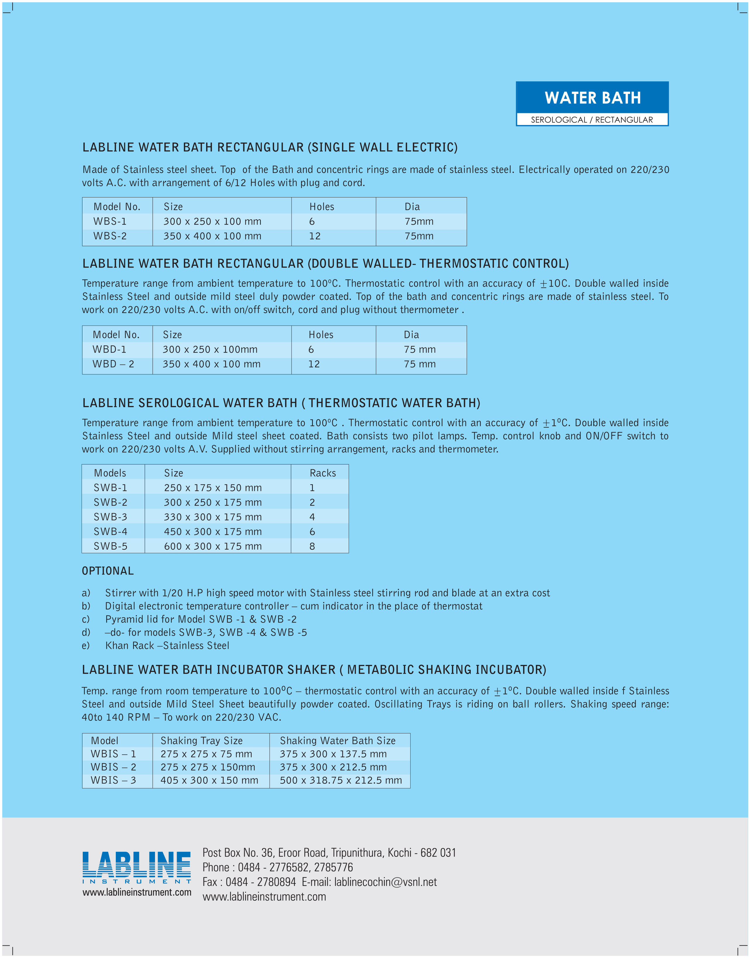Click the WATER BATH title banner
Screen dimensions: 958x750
point(592,97)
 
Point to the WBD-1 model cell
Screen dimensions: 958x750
point(109,350)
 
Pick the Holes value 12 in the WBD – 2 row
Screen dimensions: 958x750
point(314,364)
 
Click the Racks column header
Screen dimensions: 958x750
point(323,473)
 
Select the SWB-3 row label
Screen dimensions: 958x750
point(110,517)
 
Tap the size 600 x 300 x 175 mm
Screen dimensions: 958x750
point(213,546)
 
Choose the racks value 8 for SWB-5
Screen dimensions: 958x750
point(312,546)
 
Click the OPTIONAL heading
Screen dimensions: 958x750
point(108,571)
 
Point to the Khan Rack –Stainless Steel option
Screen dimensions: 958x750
point(167,646)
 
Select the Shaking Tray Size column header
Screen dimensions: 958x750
point(201,741)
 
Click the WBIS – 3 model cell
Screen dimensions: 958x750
point(113,780)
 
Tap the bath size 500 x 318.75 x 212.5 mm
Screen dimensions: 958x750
point(341,780)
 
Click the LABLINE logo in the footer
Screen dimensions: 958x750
point(137,870)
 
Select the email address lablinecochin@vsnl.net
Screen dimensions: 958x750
point(386,882)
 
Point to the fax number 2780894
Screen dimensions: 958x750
point(276,882)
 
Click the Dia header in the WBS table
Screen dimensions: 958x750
point(412,207)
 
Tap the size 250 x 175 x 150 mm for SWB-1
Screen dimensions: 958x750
point(213,488)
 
